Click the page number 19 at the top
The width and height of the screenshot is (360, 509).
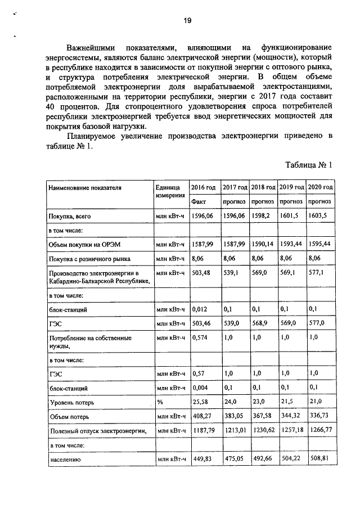click(x=187, y=21)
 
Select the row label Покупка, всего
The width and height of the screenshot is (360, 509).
click(x=69, y=215)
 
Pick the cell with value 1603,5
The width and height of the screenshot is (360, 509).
click(x=318, y=215)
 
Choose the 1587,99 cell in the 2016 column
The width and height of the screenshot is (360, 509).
click(x=203, y=244)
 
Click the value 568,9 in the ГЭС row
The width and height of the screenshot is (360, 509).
click(x=261, y=324)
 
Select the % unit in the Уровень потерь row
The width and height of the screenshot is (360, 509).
click(x=160, y=403)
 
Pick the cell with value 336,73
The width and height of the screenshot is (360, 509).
click(x=319, y=417)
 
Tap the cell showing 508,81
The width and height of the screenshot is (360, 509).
click(x=319, y=459)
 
